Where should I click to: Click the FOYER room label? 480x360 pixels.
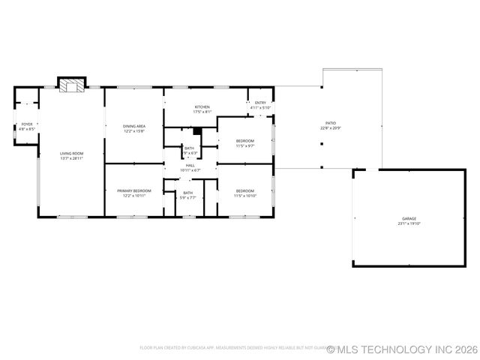(x=27, y=124)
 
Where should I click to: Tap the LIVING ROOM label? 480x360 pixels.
(x=72, y=154)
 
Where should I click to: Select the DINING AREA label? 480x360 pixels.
(x=134, y=126)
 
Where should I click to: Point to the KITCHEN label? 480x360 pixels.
(x=202, y=107)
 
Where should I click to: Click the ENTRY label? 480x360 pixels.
(x=260, y=103)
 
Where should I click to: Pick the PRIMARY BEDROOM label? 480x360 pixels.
(x=134, y=190)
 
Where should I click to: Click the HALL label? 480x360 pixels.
(x=190, y=165)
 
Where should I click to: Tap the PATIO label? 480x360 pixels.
(x=330, y=123)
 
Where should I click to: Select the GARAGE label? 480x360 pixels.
(x=409, y=218)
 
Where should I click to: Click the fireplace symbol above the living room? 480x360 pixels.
(x=73, y=85)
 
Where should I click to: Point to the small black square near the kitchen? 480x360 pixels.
(x=196, y=130)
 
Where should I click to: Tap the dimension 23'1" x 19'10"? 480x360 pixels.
(x=409, y=223)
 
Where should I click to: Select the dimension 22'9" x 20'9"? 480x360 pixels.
(x=330, y=128)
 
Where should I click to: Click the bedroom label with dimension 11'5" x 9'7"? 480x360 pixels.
(x=245, y=141)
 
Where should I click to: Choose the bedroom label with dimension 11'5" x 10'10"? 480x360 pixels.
(x=245, y=190)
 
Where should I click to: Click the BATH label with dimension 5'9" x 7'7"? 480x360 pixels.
(x=187, y=193)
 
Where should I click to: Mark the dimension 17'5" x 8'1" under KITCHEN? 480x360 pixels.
(x=202, y=112)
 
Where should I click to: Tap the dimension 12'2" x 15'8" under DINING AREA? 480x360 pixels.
(x=134, y=131)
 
